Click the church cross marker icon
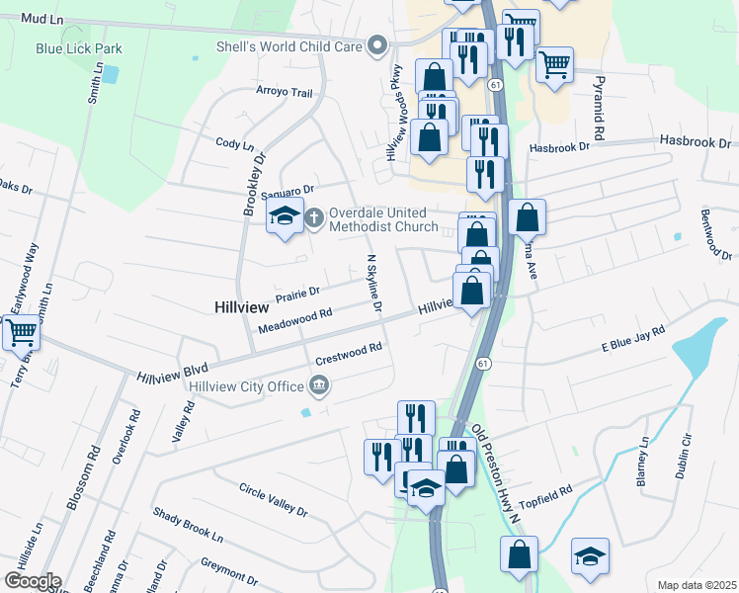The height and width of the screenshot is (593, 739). (x=314, y=217)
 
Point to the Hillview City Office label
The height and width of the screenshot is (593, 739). (x=246, y=384)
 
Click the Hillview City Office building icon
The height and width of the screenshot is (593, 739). (x=318, y=384)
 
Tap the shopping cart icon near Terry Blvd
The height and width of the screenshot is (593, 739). (x=21, y=333)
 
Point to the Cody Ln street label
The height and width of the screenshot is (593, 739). (x=234, y=144)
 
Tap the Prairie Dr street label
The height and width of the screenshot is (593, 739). (x=297, y=293)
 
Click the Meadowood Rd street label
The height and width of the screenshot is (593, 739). (x=293, y=319)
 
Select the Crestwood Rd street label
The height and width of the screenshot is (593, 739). (x=348, y=354)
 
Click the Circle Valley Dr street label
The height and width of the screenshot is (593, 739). (x=274, y=500)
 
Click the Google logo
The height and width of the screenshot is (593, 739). (x=32, y=581)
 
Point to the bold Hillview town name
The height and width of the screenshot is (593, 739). (x=242, y=308)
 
